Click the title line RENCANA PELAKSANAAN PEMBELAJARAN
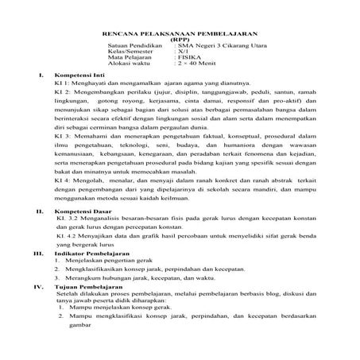179,34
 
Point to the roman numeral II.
40,213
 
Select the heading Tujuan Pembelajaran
89,288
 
